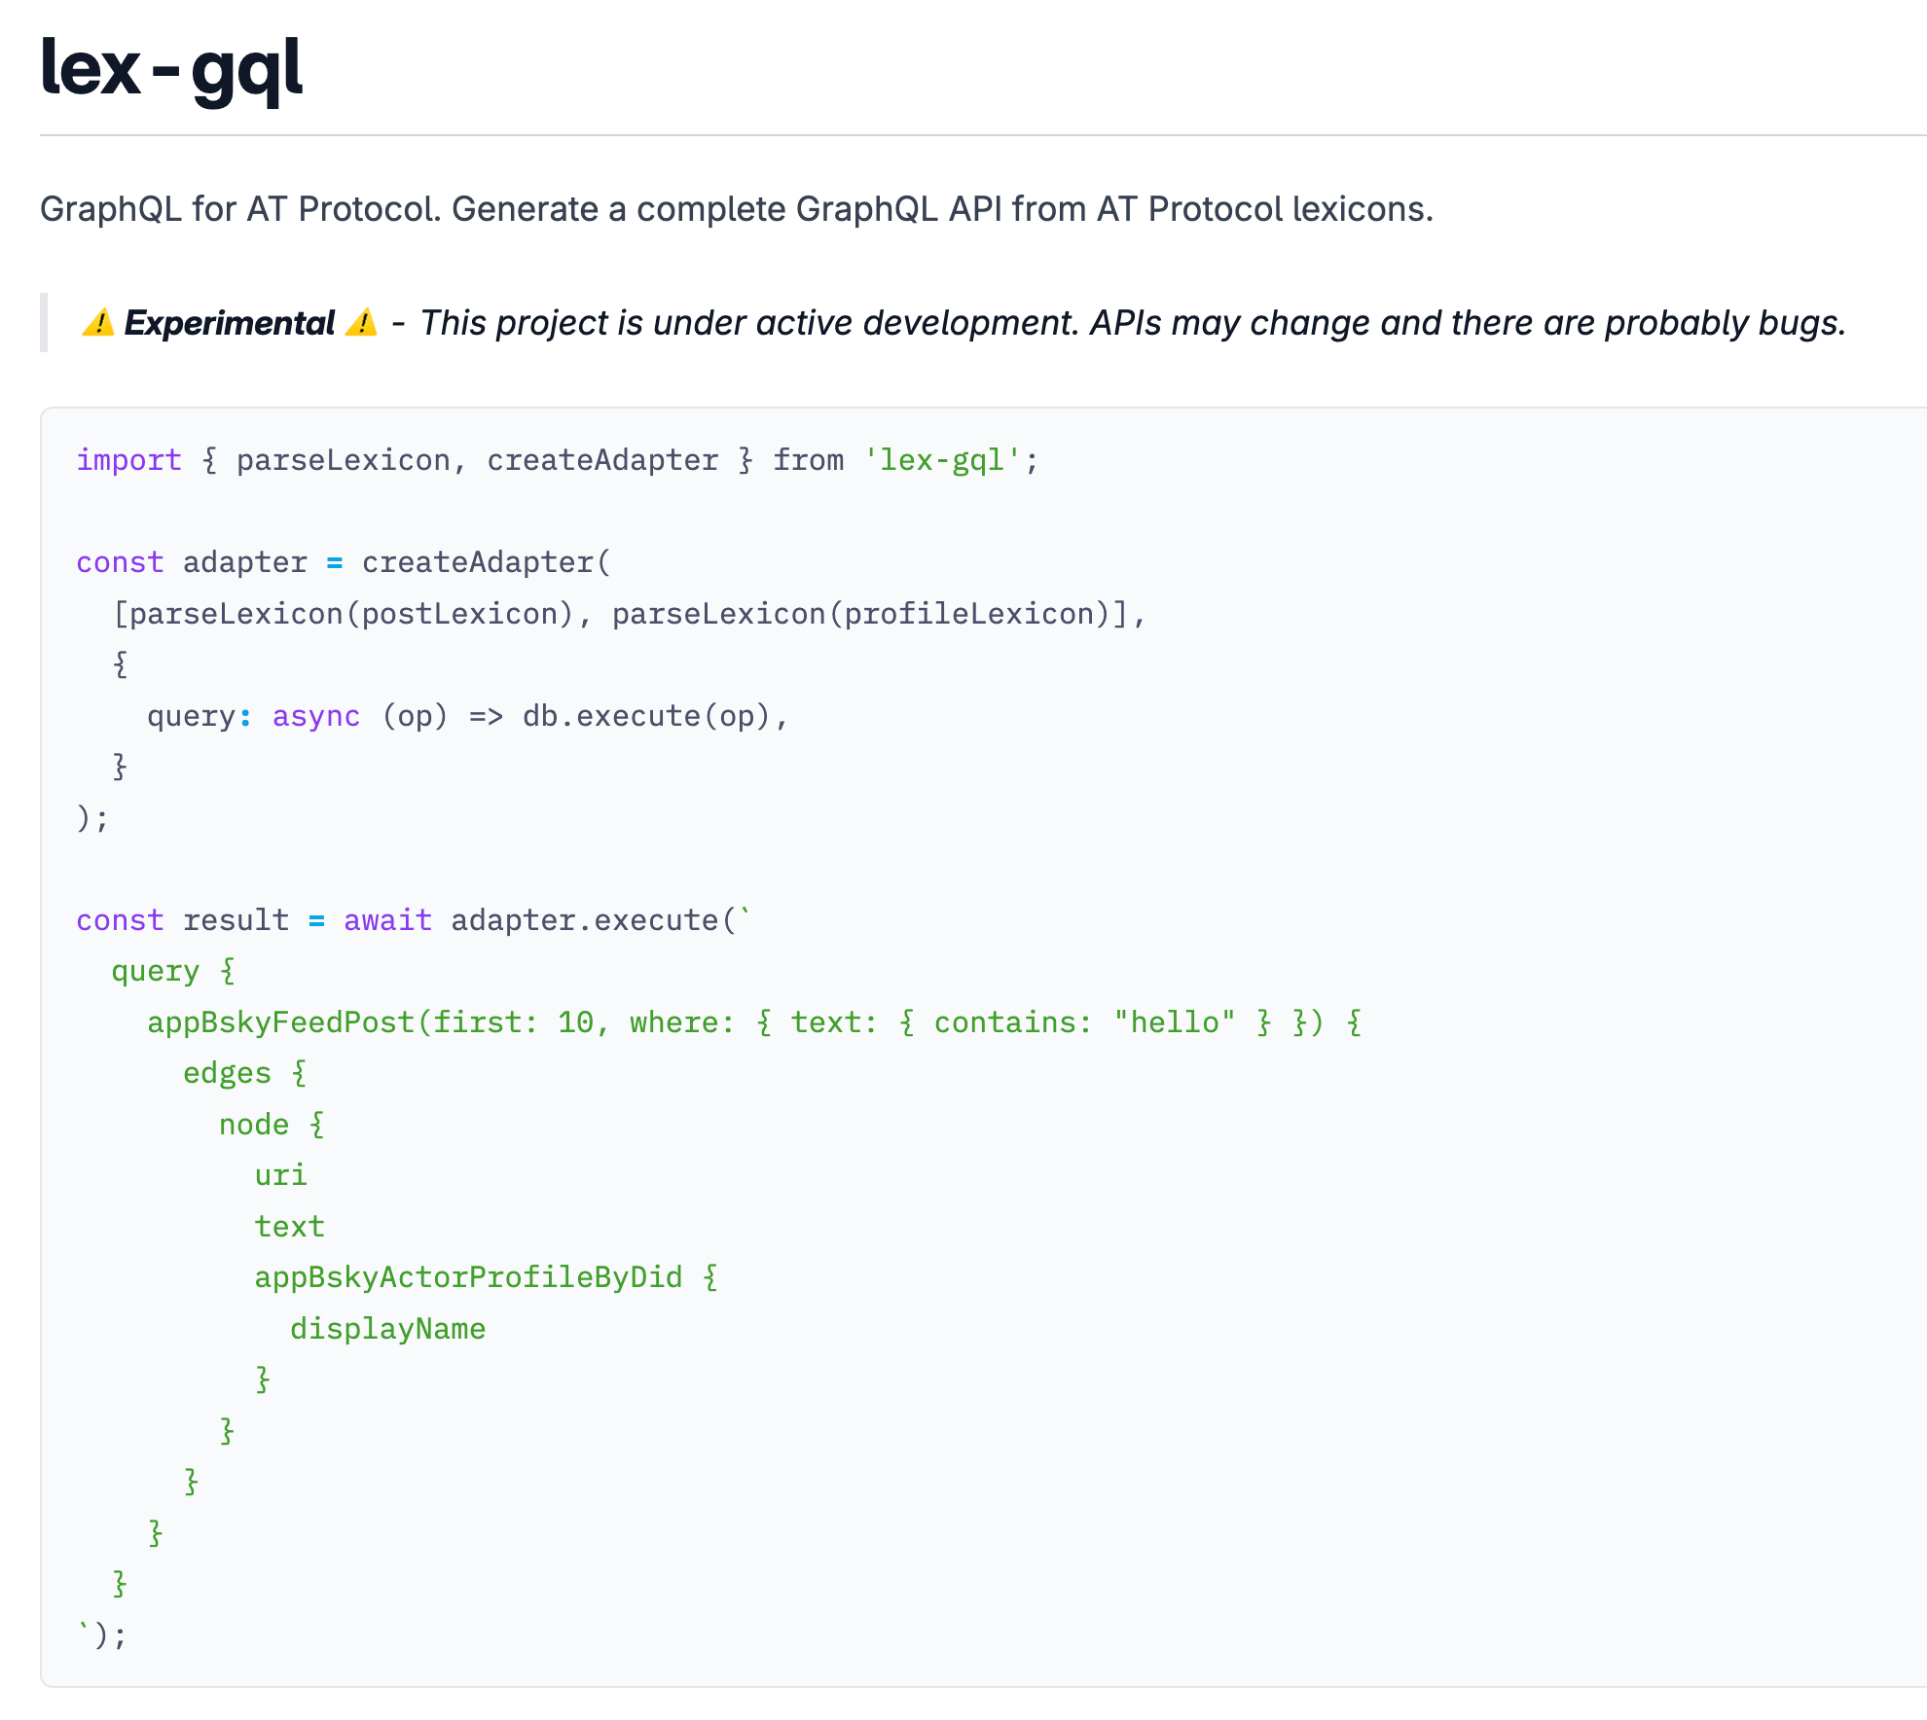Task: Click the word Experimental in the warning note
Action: (229, 323)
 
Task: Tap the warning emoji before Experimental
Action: (97, 322)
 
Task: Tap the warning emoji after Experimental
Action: (361, 322)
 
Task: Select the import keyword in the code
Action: (128, 460)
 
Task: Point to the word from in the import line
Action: (808, 460)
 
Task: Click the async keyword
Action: (315, 716)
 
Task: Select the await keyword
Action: (387, 920)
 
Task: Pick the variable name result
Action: (236, 920)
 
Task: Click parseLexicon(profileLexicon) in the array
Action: (861, 614)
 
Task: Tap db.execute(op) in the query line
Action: (645, 716)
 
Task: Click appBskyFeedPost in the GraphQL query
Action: (280, 1022)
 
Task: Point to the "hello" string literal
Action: (1174, 1022)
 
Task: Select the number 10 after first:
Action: (575, 1022)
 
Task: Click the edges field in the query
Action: (227, 1073)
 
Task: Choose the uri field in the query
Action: (280, 1175)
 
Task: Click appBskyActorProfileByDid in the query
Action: (468, 1277)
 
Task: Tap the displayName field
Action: (387, 1329)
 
